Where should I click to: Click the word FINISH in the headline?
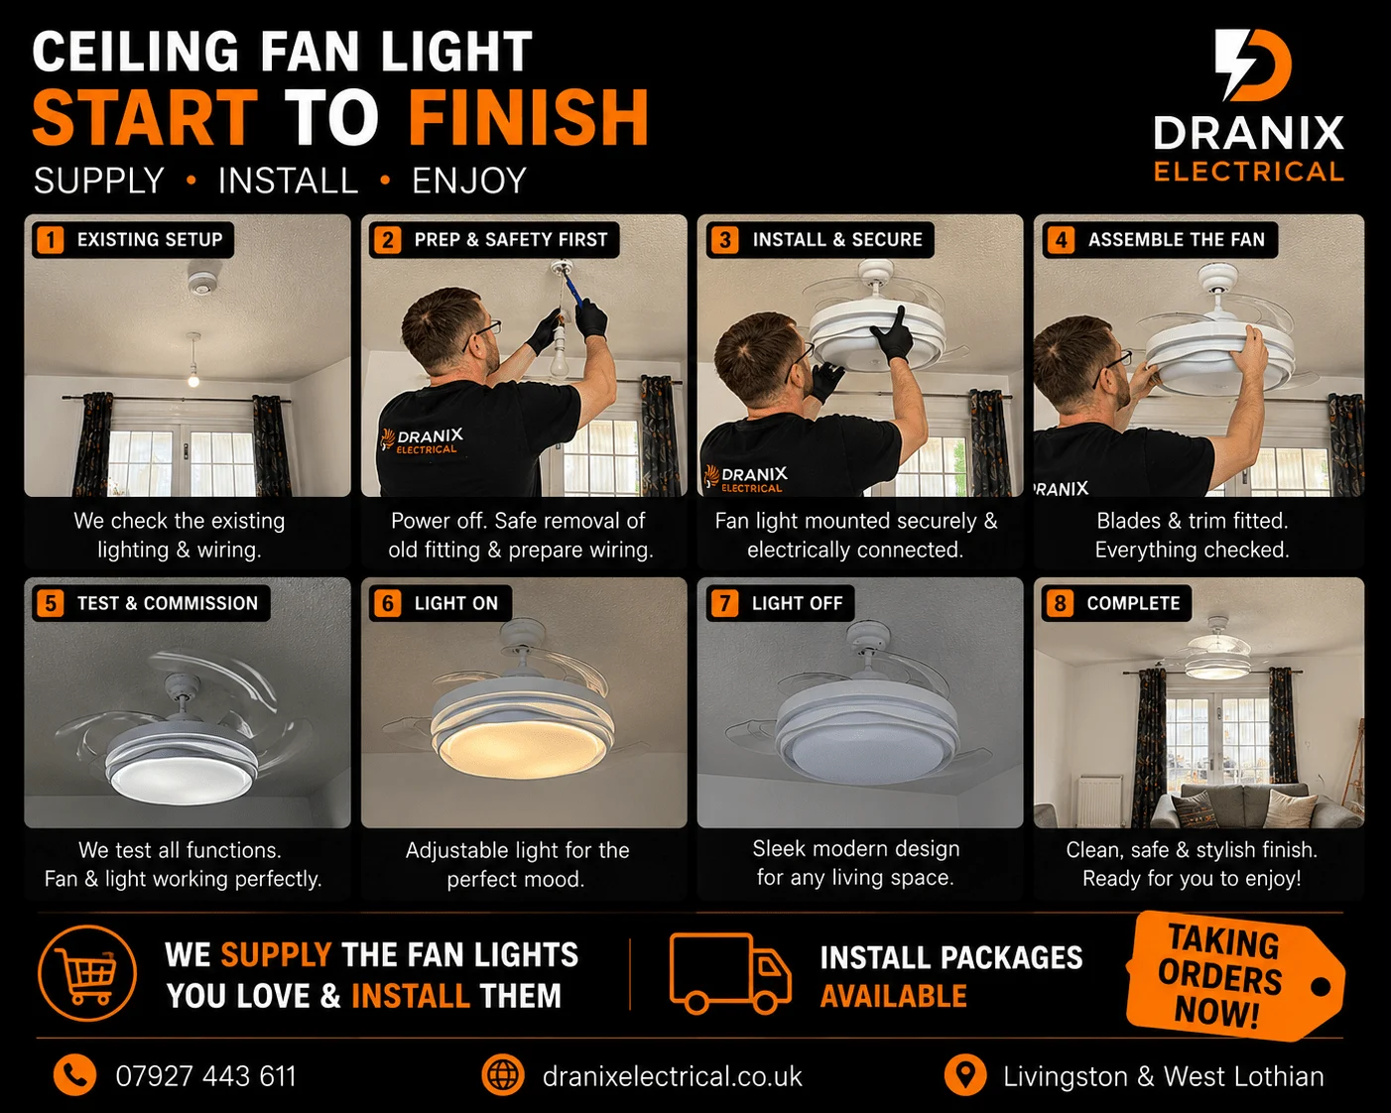[x=528, y=117]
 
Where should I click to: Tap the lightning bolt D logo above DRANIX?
[x=1251, y=64]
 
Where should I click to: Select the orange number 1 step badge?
[x=51, y=240]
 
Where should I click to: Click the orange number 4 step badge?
[x=1061, y=240]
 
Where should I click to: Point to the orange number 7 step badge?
[x=724, y=603]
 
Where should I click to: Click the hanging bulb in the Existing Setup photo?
[x=193, y=377]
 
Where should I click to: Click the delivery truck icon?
[x=730, y=973]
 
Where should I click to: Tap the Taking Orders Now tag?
[x=1233, y=976]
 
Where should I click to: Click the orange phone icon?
[x=75, y=1076]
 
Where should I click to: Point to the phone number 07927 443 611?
[x=205, y=1077]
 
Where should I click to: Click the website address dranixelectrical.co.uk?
[x=673, y=1077]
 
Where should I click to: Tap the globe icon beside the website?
[x=502, y=1075]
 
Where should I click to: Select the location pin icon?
[x=965, y=1076]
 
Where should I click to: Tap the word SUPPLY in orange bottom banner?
[x=277, y=954]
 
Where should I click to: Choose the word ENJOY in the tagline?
[x=469, y=181]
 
